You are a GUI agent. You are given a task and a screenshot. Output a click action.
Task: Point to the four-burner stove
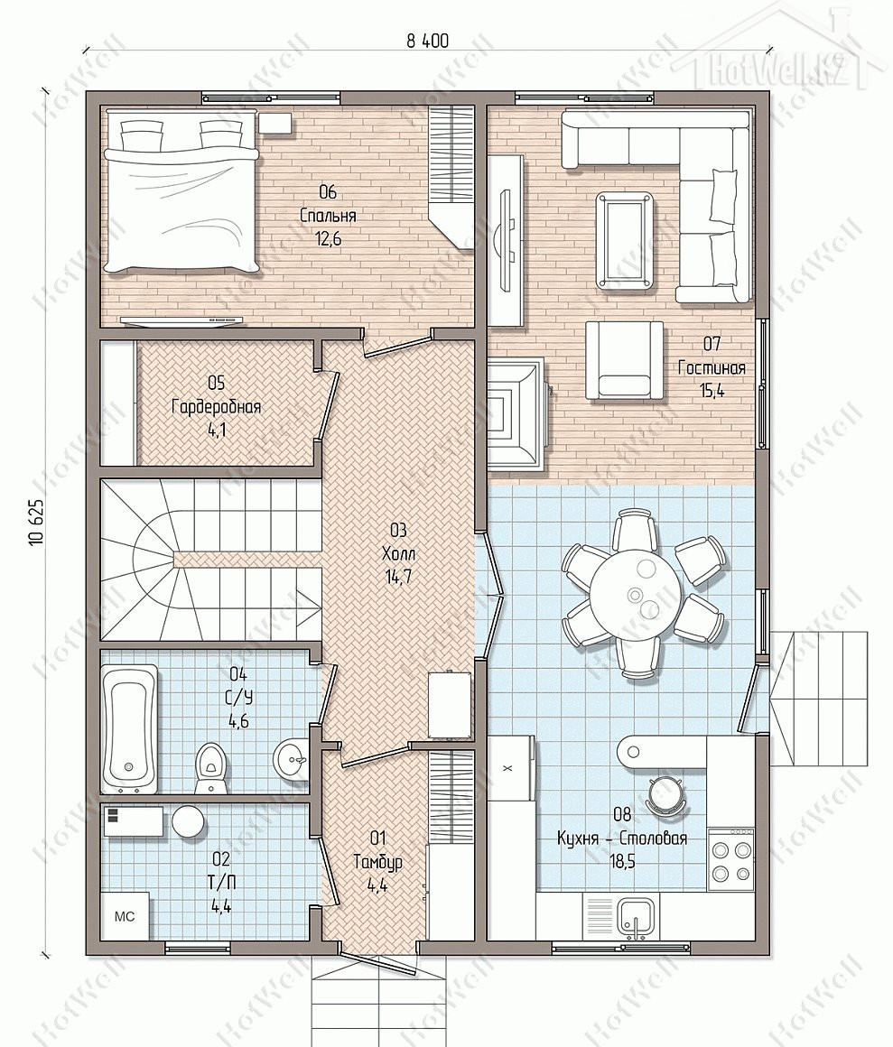pos(730,860)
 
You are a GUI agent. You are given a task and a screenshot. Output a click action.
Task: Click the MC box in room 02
pos(125,916)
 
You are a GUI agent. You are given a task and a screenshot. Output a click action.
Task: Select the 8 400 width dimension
pos(427,42)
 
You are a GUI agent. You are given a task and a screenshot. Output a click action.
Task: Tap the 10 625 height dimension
pos(37,523)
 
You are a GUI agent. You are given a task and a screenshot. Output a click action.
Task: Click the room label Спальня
pos(328,216)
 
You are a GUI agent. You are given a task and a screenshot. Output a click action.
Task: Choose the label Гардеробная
pos(217,407)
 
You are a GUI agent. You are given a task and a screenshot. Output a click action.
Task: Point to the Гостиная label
pos(712,368)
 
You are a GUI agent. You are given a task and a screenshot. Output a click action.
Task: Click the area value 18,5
pos(622,862)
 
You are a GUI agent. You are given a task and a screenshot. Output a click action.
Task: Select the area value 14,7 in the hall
pos(398,577)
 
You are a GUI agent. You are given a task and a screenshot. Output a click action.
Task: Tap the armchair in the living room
pos(625,360)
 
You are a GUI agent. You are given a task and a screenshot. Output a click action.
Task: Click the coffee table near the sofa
pos(625,242)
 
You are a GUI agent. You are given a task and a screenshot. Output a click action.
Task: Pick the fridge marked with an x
pos(510,769)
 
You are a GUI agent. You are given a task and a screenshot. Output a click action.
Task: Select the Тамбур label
pos(378,862)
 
